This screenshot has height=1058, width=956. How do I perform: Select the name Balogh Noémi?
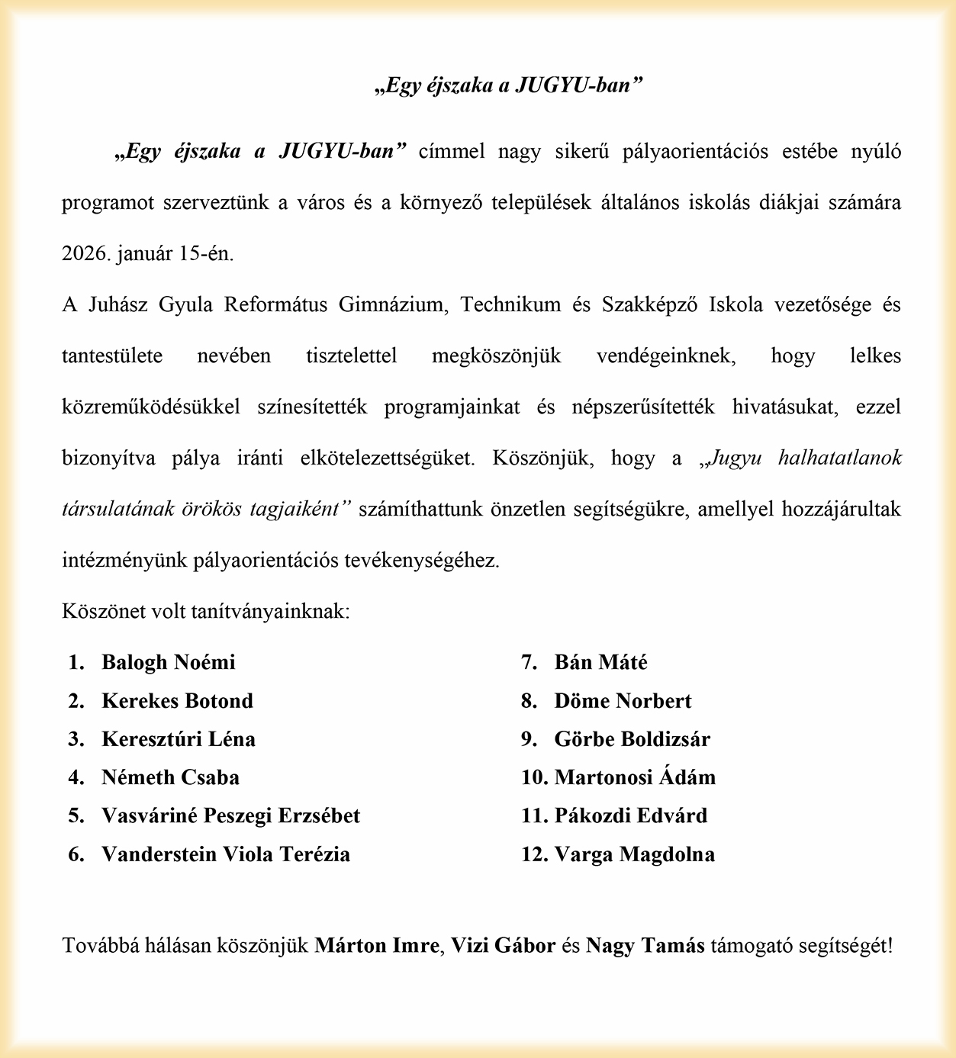[x=169, y=662]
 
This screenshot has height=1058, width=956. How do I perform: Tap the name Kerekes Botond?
[x=177, y=701]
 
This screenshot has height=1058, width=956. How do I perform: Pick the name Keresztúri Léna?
[x=179, y=739]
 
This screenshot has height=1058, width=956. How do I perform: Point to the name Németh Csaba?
[x=170, y=777]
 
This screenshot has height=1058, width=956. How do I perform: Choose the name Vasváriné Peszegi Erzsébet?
[x=230, y=815]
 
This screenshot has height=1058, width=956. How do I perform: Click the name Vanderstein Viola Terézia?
[x=226, y=854]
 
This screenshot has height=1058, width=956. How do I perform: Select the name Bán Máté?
[x=601, y=662]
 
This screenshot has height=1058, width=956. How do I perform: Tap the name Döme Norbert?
[x=623, y=701]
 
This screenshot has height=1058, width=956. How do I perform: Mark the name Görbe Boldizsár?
[x=633, y=739]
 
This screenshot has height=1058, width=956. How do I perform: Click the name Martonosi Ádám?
[x=635, y=777]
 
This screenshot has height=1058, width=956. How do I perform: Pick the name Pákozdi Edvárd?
[x=631, y=815]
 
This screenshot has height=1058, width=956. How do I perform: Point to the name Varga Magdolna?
[x=635, y=854]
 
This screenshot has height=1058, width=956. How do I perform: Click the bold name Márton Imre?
[x=378, y=946]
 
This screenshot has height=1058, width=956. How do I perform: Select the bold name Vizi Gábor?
[x=503, y=946]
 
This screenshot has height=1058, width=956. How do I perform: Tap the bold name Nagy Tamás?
[x=645, y=946]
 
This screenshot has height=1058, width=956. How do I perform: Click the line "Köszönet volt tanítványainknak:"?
[x=206, y=612]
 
